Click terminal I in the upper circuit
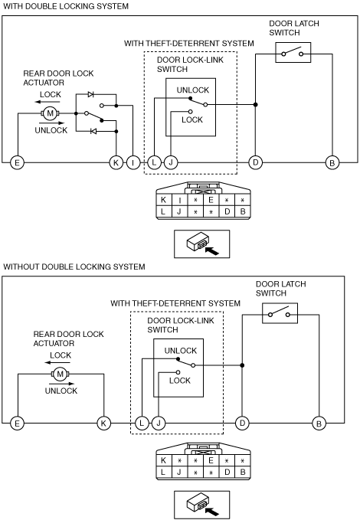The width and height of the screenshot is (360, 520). (133, 162)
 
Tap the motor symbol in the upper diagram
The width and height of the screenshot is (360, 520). (50, 113)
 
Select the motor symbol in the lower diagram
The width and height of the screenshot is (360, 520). (60, 374)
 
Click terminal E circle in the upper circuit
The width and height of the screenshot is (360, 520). (17, 162)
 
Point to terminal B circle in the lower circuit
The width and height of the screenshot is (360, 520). (319, 424)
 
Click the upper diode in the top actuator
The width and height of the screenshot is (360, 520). (91, 94)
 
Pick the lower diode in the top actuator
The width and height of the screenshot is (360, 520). (93, 131)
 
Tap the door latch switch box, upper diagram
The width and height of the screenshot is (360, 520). (293, 52)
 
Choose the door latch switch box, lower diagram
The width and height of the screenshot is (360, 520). (280, 313)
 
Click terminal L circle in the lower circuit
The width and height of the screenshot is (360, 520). (142, 424)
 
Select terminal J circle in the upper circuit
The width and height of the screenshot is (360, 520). (171, 162)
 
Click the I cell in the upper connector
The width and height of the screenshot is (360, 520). (179, 200)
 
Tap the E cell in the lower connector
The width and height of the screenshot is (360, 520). (211, 460)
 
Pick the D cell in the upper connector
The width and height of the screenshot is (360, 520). (227, 211)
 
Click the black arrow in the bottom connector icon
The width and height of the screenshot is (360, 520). (212, 512)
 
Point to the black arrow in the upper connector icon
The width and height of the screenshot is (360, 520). (212, 250)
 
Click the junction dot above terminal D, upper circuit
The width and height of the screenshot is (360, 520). (256, 104)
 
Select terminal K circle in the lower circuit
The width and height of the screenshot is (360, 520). (103, 424)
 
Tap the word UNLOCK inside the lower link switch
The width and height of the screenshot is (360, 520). (181, 351)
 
